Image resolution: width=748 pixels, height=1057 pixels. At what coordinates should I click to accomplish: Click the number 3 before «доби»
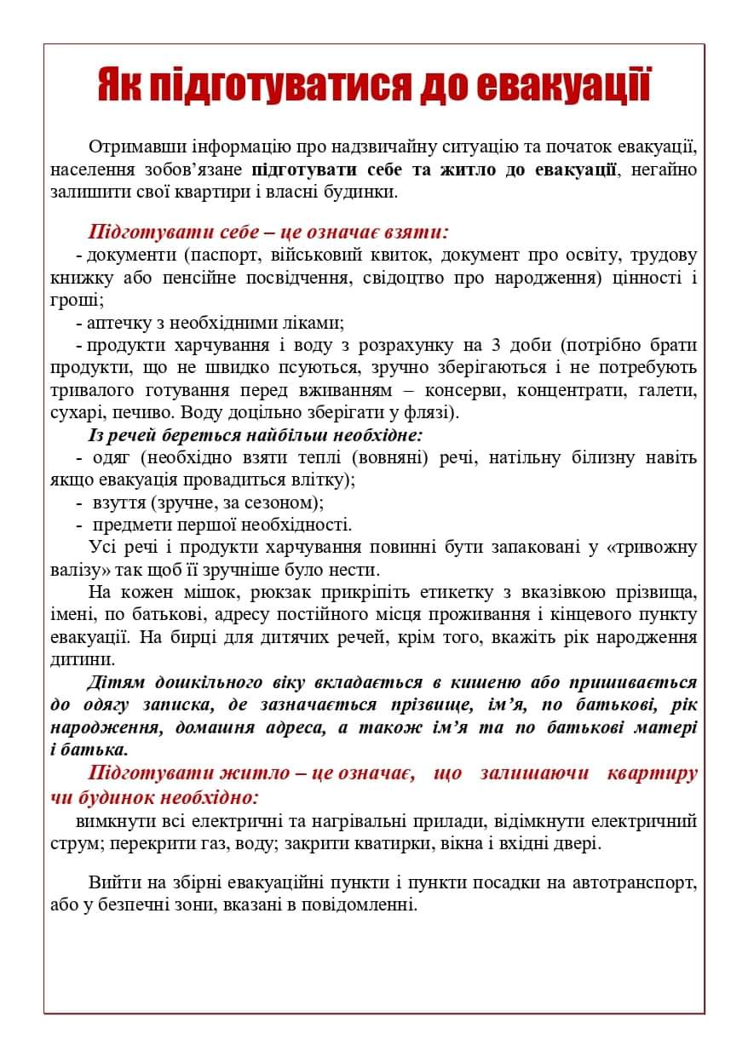[497, 346]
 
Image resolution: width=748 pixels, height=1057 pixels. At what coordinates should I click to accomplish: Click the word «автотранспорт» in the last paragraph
[636, 882]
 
